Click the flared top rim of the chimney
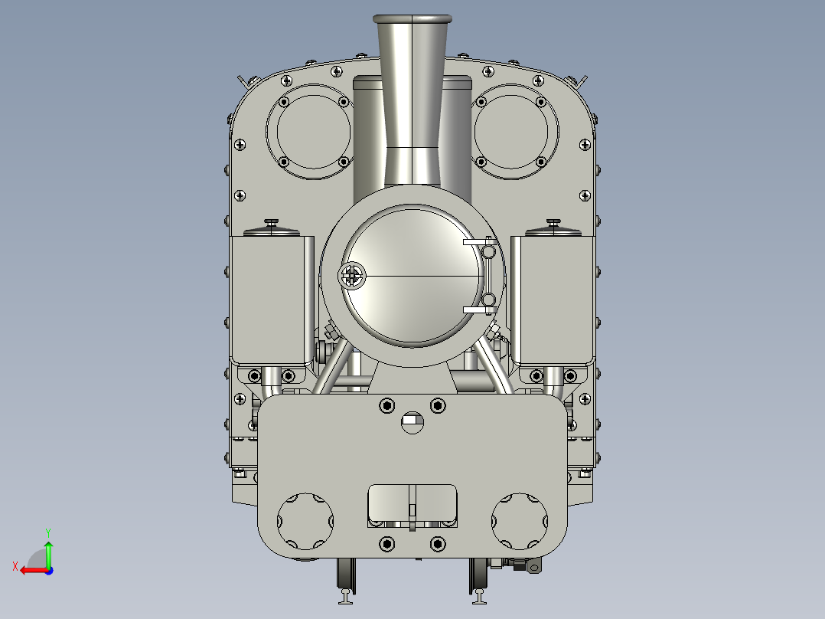coord(411,18)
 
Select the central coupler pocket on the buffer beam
coord(412,503)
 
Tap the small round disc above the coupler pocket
coord(412,422)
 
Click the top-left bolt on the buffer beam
coord(387,404)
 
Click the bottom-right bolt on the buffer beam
coord(438,544)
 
